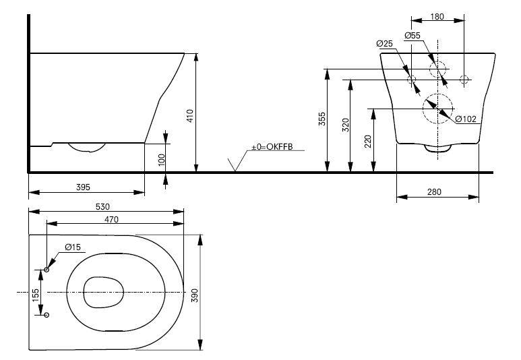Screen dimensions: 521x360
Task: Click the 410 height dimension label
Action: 190,116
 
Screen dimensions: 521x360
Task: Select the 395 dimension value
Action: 83,187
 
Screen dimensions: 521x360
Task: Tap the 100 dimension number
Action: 162,160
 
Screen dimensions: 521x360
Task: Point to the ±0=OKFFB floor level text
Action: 272,146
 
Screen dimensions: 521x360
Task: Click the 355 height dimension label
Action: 322,119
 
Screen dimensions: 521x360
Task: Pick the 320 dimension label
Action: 346,125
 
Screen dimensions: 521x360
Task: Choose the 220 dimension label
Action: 368,142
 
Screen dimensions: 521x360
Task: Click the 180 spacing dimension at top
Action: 437,16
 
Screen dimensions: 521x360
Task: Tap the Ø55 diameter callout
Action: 412,35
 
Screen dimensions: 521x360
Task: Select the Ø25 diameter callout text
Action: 384,44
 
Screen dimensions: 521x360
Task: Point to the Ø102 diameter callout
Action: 466,119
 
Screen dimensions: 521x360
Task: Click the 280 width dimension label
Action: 434,192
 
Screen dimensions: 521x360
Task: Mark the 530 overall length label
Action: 102,207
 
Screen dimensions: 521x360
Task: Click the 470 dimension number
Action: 111,219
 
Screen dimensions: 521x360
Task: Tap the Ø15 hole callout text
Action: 73,247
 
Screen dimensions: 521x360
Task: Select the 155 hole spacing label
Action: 35,295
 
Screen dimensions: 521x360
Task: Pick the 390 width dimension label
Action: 195,295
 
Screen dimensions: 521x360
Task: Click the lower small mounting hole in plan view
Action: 47,315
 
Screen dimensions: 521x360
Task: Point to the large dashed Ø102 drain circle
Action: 438,94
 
